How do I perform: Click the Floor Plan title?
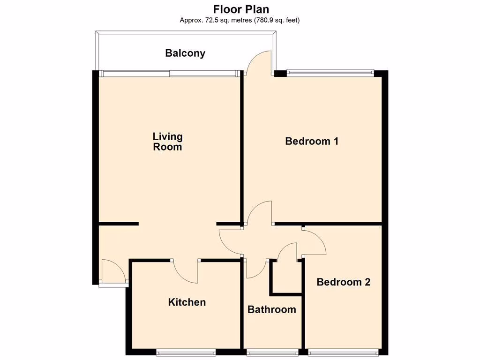click(241, 9)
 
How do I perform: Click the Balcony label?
click(185, 53)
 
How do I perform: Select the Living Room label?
click(167, 142)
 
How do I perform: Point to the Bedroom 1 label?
click(312, 141)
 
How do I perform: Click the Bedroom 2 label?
click(343, 282)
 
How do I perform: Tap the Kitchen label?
click(187, 302)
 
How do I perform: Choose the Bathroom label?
click(271, 309)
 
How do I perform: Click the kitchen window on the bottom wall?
click(186, 352)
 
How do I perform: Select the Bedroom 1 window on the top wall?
click(330, 72)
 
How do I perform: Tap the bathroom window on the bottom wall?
click(272, 352)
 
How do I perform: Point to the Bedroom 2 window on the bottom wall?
click(344, 352)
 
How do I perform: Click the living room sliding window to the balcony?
click(169, 73)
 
